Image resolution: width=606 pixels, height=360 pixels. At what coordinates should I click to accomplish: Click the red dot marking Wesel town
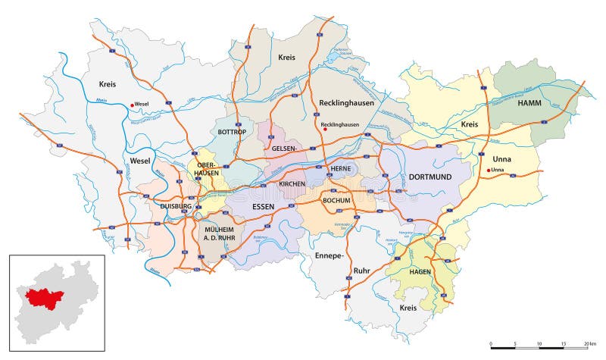(132, 105)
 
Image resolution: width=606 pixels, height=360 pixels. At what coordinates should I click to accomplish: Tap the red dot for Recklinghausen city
(325, 130)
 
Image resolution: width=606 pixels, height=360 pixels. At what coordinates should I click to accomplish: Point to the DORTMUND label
(430, 177)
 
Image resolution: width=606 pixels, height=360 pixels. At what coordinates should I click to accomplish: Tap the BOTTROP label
(233, 132)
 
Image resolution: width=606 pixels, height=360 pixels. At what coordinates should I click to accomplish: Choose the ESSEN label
(261, 204)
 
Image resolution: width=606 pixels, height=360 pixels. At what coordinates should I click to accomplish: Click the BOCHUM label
(336, 200)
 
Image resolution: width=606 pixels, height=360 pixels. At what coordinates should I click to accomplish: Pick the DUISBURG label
(176, 205)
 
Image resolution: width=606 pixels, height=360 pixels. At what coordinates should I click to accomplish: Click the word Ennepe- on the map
(329, 255)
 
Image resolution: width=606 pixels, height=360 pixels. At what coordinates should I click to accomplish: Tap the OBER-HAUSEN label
(208, 168)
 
